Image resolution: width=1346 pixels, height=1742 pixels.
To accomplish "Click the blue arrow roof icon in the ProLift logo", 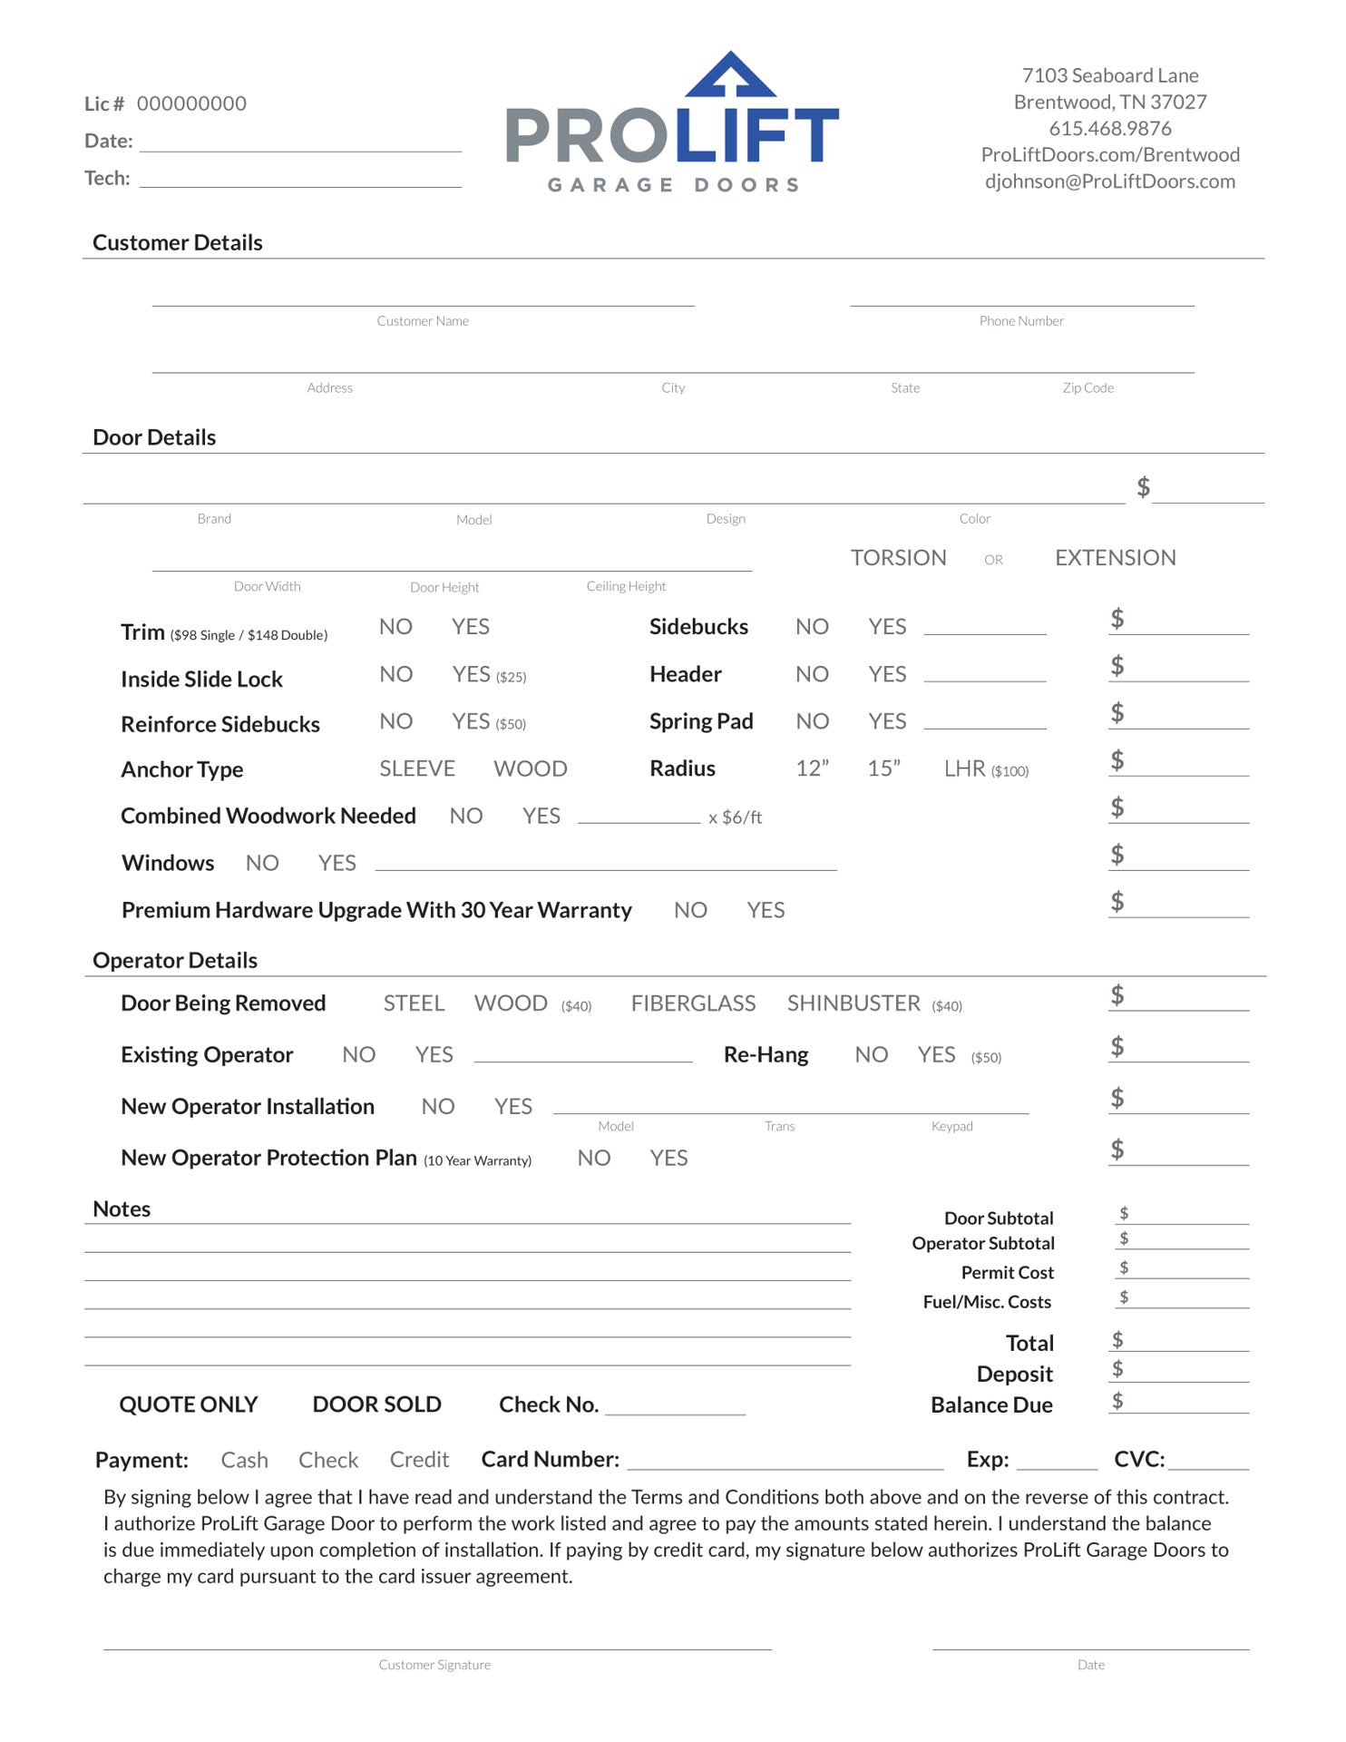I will pos(730,76).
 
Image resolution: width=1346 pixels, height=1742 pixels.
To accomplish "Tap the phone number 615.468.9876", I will pos(1110,129).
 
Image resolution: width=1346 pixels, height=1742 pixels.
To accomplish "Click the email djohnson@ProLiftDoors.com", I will pos(1110,181).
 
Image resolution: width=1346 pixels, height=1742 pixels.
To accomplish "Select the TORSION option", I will pos(898,558).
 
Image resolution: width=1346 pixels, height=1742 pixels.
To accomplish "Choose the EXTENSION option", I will pos(1115,558).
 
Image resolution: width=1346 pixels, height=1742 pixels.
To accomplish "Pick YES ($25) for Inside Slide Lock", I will pos(488,675).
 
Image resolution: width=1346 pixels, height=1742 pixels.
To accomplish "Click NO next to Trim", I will pos(395,627).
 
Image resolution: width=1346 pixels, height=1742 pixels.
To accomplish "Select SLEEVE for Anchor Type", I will pos(417,769).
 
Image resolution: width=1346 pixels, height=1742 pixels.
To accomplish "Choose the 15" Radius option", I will pos(883,769).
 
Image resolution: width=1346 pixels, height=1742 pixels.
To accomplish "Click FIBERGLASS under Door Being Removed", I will pos(693,1003).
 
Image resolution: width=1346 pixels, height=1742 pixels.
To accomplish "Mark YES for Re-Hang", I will pos(937,1055).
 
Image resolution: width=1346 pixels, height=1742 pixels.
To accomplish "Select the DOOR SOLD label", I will pos(376,1405).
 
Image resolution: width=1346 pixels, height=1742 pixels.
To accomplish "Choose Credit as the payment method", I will pos(419,1460).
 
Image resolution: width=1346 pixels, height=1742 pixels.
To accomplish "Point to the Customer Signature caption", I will pos(434,1665).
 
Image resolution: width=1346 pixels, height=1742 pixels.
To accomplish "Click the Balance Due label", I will pos(991,1405).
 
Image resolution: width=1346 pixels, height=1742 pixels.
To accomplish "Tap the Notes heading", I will pos(122,1209).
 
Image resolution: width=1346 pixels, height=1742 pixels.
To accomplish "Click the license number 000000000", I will pos(191,104).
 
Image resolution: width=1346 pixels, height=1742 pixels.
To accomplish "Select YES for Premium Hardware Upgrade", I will pos(766,911).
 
